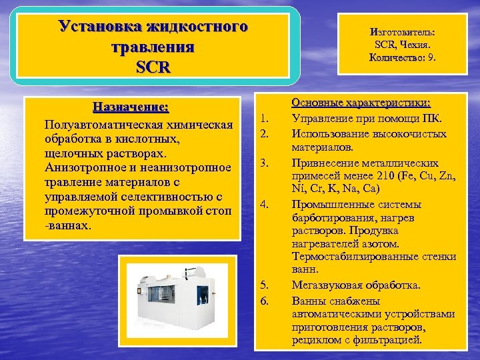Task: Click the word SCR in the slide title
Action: point(153,67)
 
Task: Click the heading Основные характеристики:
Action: point(361,103)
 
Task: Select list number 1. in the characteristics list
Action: point(264,120)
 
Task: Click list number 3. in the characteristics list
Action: point(264,163)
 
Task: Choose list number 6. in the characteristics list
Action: point(264,300)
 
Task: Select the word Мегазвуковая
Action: point(328,285)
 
